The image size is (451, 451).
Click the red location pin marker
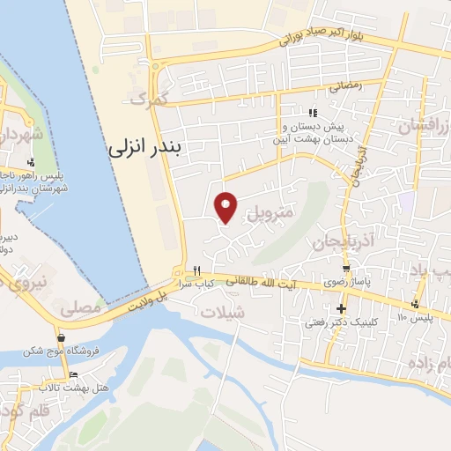(x=226, y=206)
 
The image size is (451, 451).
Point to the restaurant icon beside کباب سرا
(x=197, y=270)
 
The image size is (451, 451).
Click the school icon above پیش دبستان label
(x=313, y=112)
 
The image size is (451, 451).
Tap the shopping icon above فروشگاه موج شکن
(x=60, y=337)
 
